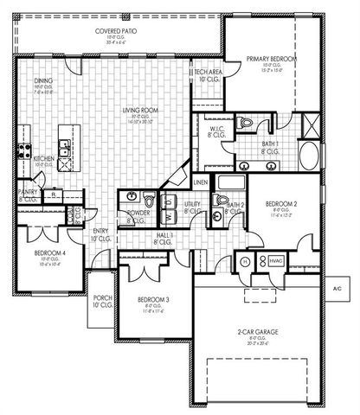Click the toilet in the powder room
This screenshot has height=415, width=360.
pos(150,201)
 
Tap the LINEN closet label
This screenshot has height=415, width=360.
pos(200,182)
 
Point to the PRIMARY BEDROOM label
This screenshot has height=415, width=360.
pos(271,59)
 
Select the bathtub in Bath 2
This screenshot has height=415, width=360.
pos(228,183)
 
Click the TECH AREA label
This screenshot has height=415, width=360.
pos(208,73)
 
